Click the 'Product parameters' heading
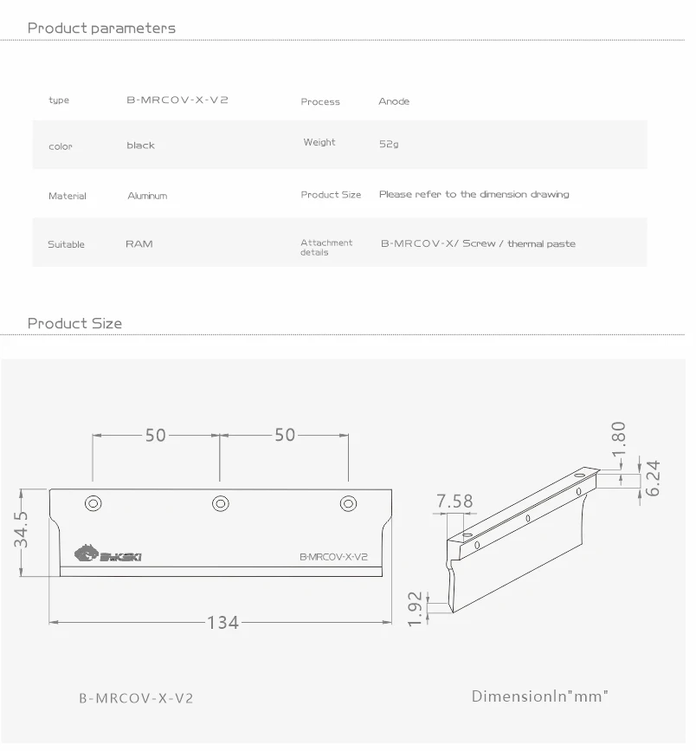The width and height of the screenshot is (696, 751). coord(101,28)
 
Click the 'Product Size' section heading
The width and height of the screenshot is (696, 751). coord(74,323)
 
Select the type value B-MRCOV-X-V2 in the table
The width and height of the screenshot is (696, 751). coord(177,100)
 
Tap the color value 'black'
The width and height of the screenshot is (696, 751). coord(140,146)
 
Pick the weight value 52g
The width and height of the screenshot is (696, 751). coord(389,145)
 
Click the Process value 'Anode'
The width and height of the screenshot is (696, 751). coord(394,101)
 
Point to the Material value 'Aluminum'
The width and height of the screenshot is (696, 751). coord(147,196)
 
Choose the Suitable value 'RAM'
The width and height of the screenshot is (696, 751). coord(139,244)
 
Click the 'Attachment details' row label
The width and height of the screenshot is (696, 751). coord(325,248)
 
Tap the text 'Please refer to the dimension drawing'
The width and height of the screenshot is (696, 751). coord(474,194)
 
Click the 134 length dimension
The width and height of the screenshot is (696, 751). coord(222,622)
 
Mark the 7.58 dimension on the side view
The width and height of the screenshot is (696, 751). coord(455,502)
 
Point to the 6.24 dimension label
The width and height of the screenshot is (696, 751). coord(654,477)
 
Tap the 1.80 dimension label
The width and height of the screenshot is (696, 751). coord(618,438)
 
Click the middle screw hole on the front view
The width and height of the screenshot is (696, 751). coord(220,503)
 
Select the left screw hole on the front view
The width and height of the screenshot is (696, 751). coord(92,503)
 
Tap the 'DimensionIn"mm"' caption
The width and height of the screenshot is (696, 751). coord(539,696)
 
